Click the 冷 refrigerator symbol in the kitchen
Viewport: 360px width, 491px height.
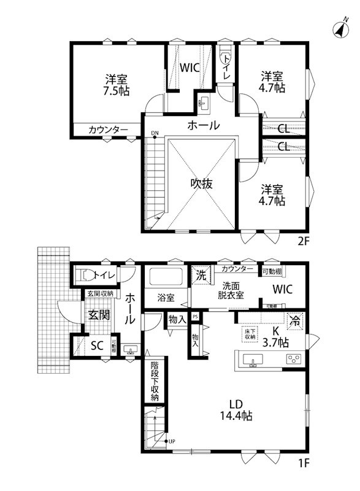click(x=295, y=320)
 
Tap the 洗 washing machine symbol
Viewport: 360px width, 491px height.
click(x=201, y=275)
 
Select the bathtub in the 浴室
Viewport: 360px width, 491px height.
click(x=168, y=277)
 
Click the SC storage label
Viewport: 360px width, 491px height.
click(x=96, y=345)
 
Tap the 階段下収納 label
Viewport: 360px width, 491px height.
click(x=155, y=381)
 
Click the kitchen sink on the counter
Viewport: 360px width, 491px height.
click(x=252, y=360)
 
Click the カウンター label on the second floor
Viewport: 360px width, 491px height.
click(x=108, y=130)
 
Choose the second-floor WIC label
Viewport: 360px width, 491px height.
click(x=189, y=68)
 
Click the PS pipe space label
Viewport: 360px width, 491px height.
click(x=195, y=317)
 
